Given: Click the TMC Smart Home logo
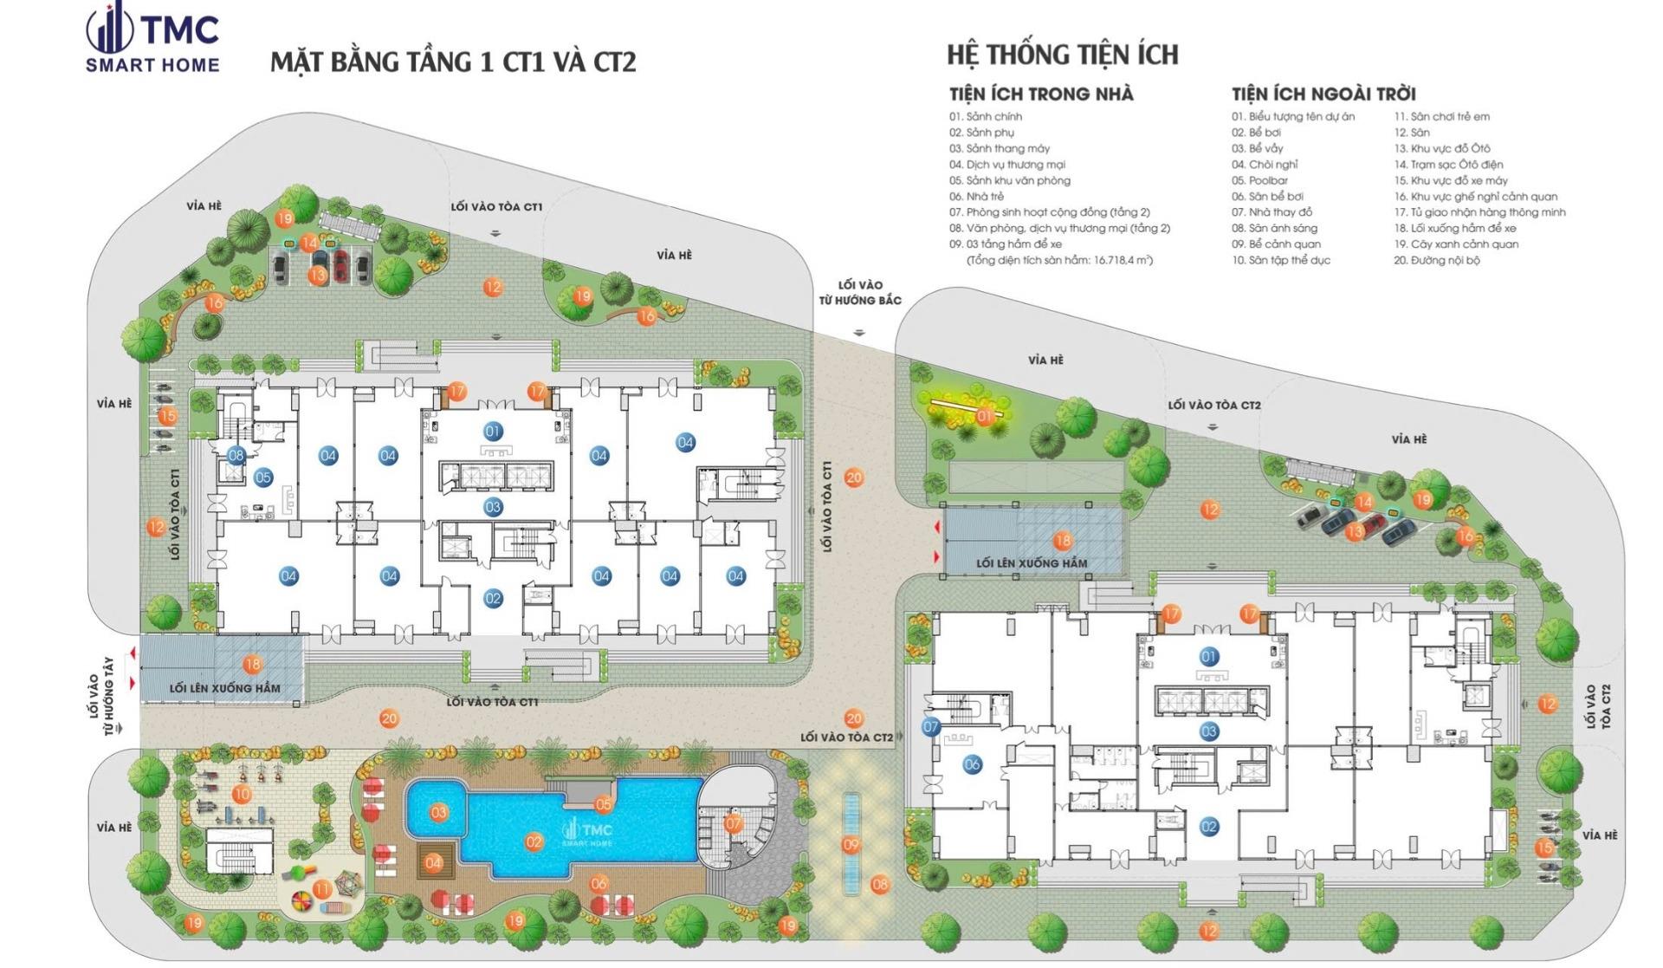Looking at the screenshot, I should coord(152,39).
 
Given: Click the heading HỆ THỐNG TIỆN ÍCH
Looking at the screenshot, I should coord(1063,55).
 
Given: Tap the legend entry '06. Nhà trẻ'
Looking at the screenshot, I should coord(976,197).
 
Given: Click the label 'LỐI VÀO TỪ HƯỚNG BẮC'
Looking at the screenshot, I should coord(860,293).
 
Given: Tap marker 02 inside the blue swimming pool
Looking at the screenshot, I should coord(534,841).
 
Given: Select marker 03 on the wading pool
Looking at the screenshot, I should coord(439,813).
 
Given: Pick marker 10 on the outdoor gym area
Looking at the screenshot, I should coord(242,793).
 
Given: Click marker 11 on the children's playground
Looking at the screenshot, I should coord(321,889).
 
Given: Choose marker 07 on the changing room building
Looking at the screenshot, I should coord(734,824).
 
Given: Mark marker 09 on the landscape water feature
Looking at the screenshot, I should coord(851,845).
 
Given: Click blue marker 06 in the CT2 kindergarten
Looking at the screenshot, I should coord(972,764).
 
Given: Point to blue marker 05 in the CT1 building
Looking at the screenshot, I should coord(263,478).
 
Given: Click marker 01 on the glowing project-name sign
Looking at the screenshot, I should coord(984,417).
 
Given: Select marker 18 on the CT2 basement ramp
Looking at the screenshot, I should coord(1062,541).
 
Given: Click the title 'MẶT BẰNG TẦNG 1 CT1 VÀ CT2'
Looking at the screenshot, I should coord(453,62).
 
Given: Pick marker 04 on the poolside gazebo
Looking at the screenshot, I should coord(433,863).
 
